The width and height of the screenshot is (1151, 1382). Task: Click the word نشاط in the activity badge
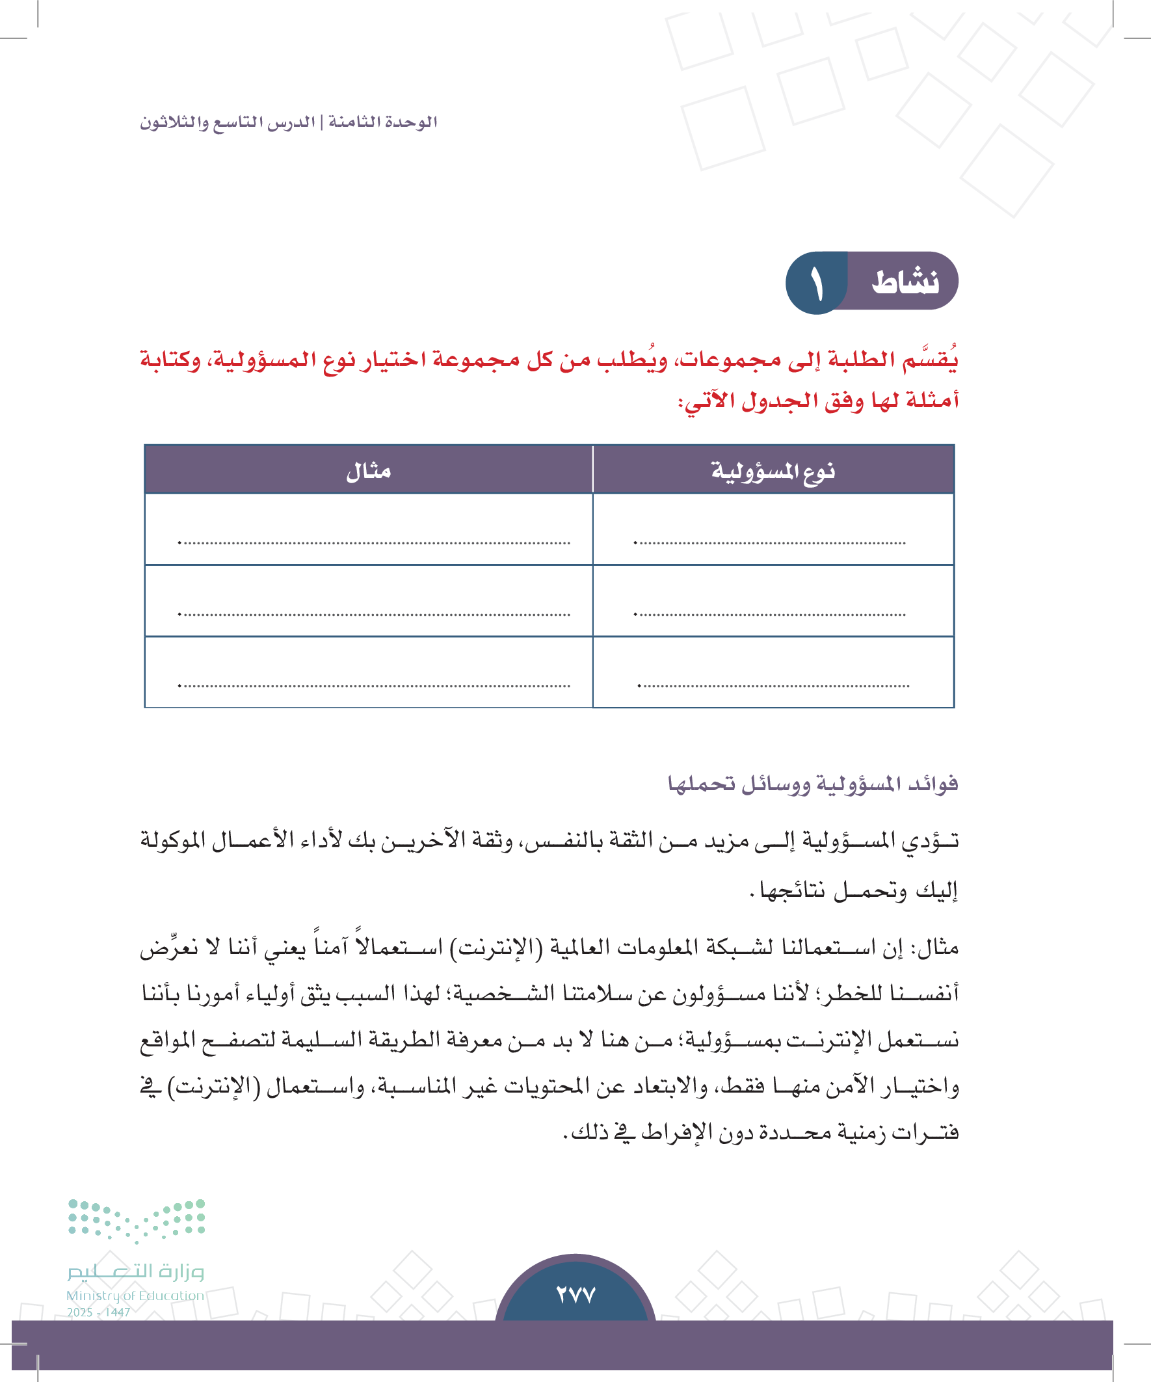pyautogui.click(x=905, y=282)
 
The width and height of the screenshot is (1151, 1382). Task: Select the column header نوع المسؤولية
pyautogui.click(x=773, y=472)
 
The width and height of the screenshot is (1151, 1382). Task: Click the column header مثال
pyautogui.click(x=369, y=472)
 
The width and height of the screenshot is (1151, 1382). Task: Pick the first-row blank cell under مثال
pyautogui.click(x=369, y=530)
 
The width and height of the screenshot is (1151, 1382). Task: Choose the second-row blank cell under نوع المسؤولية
pyautogui.click(x=773, y=601)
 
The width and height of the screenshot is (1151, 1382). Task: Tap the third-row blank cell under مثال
pyautogui.click(x=369, y=672)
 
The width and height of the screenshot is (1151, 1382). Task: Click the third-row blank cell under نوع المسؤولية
pyautogui.click(x=773, y=672)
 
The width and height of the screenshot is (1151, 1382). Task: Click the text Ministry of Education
pyautogui.click(x=135, y=1295)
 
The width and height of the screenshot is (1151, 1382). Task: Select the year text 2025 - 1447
pyautogui.click(x=99, y=1312)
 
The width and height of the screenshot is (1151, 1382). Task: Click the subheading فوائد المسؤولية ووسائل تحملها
pyautogui.click(x=813, y=784)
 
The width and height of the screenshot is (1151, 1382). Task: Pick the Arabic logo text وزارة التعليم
pyautogui.click(x=135, y=1271)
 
